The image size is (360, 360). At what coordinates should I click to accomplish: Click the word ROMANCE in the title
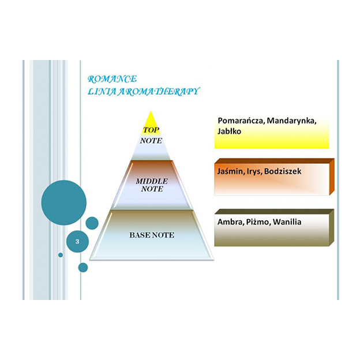tap(112, 79)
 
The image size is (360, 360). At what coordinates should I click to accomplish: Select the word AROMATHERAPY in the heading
tap(159, 91)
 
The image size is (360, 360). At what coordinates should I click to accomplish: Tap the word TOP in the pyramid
tap(151, 130)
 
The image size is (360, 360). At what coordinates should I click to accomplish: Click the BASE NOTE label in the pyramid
tap(152, 235)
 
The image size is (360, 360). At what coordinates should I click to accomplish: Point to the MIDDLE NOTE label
tap(152, 185)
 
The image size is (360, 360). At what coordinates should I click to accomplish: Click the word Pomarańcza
tap(241, 121)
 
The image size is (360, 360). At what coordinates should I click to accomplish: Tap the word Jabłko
tap(229, 132)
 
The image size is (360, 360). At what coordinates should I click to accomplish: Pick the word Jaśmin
tap(230, 171)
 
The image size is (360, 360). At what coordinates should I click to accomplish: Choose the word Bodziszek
tap(283, 171)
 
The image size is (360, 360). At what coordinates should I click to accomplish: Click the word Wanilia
tap(287, 222)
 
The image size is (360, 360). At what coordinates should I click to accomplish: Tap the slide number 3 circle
tap(77, 242)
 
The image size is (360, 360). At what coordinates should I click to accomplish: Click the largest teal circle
tap(64, 202)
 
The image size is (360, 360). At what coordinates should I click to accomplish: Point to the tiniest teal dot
tap(61, 255)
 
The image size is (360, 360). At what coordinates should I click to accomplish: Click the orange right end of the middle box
tap(332, 177)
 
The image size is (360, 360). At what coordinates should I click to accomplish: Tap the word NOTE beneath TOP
tap(151, 141)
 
